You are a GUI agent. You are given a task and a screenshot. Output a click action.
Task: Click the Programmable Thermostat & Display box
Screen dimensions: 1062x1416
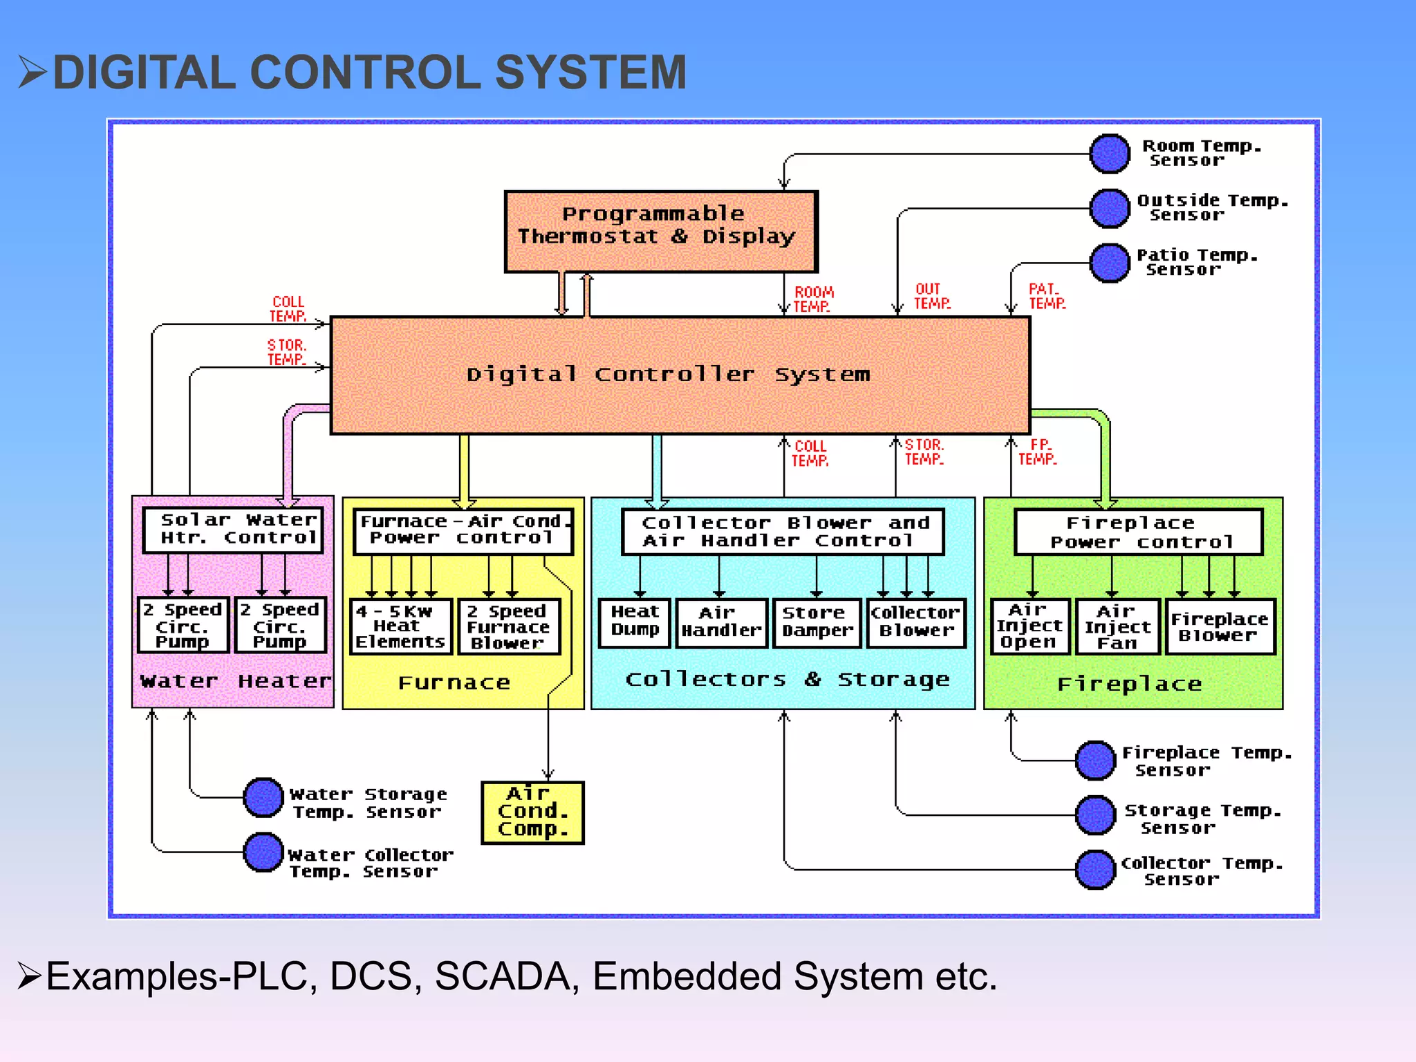[660, 232]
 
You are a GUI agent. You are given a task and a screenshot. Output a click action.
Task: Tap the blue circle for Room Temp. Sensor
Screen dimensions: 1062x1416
[1109, 153]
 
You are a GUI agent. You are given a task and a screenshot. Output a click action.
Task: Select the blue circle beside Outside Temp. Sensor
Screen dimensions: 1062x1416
[1109, 208]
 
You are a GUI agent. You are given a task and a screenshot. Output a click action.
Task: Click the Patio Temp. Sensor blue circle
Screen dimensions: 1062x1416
[1109, 263]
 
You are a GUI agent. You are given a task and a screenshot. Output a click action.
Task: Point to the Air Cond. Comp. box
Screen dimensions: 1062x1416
[532, 812]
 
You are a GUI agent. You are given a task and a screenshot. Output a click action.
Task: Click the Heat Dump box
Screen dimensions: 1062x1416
[634, 623]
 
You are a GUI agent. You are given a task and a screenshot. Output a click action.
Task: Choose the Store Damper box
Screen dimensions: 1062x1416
[817, 623]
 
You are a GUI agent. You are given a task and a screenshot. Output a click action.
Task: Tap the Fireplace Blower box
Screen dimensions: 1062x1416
[1220, 626]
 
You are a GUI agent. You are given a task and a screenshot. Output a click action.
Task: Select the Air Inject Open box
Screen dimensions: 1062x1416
[1030, 626]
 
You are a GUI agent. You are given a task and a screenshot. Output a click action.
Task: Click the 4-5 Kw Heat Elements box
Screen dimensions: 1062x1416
[400, 626]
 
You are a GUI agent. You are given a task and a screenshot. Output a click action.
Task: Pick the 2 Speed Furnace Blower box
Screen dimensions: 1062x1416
[508, 626]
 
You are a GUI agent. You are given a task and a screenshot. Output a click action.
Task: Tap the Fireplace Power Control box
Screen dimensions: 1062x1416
[1138, 532]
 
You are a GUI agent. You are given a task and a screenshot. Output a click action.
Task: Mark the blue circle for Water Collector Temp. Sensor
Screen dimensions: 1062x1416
[263, 852]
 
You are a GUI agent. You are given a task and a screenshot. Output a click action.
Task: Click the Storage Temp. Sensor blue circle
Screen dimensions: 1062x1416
[1095, 815]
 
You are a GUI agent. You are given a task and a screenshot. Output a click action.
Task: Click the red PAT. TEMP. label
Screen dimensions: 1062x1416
[1047, 296]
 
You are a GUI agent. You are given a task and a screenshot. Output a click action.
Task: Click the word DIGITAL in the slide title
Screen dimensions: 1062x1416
[145, 73]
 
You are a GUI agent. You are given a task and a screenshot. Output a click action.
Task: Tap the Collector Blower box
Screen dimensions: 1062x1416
[915, 623]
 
